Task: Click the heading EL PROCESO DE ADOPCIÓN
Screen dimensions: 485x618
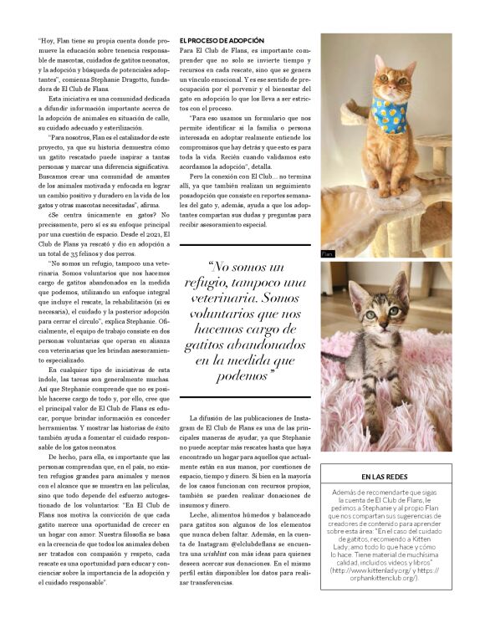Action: pyautogui.click(x=222, y=40)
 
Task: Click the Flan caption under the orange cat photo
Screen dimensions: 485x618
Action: pyautogui.click(x=327, y=252)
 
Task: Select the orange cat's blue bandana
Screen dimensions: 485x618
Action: pyautogui.click(x=373, y=110)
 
